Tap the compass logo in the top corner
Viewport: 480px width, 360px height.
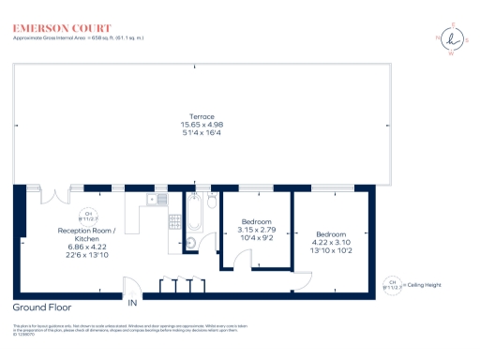coord(455,39)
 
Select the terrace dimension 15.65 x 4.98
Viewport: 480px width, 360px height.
coord(202,125)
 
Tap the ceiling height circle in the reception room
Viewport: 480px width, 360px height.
coord(91,216)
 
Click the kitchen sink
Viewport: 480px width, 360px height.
coord(155,199)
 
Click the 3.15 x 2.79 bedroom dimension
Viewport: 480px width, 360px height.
coord(253,230)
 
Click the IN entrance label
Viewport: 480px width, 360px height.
coord(132,304)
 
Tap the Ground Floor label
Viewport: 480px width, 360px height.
coord(42,307)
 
